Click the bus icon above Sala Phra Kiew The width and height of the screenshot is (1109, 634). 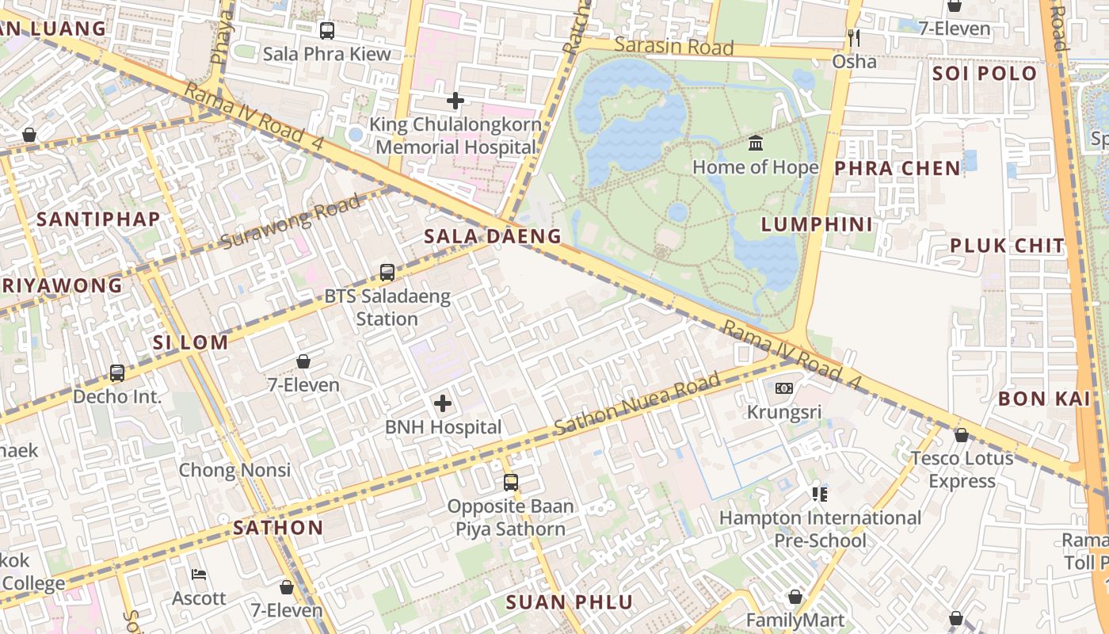click(326, 31)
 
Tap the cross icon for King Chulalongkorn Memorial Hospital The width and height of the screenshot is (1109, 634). click(455, 101)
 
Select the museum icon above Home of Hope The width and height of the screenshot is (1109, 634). click(756, 143)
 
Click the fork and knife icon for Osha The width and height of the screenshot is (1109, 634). click(854, 38)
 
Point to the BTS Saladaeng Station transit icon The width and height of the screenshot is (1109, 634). click(387, 273)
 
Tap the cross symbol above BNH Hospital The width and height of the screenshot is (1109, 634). click(443, 404)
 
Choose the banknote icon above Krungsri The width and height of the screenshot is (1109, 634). click(784, 388)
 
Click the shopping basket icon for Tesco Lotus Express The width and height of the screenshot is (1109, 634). click(961, 435)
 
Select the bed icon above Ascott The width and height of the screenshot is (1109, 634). click(199, 575)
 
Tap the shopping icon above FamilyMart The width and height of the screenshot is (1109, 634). click(795, 597)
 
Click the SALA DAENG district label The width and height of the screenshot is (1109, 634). click(492, 236)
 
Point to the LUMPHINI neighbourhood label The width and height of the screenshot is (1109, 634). click(817, 224)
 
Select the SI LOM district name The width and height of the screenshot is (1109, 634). click(190, 343)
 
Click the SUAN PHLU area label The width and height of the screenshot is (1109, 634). click(570, 602)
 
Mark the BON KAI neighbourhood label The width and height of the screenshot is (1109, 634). click(1044, 399)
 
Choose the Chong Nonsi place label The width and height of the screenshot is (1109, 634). click(234, 470)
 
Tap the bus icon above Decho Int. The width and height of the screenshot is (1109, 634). click(117, 372)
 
